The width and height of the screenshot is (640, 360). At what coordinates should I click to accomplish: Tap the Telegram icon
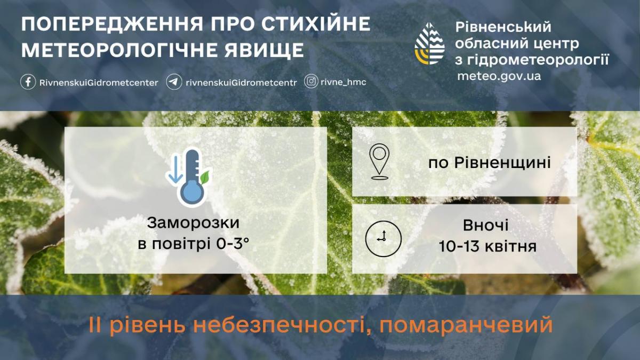pyautogui.click(x=174, y=82)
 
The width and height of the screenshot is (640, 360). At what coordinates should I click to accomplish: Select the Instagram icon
pyautogui.click(x=311, y=82)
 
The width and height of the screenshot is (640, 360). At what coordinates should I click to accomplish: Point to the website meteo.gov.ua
pyautogui.click(x=499, y=76)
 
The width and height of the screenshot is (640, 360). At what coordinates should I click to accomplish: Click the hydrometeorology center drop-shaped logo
pyautogui.click(x=430, y=44)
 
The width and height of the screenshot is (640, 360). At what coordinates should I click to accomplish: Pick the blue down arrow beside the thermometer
pyautogui.click(x=174, y=170)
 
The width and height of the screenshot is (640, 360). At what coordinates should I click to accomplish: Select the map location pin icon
pyautogui.click(x=379, y=161)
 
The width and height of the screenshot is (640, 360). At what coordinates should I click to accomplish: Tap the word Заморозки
pyautogui.click(x=193, y=222)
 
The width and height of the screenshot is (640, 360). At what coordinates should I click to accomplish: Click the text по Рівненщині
pyautogui.click(x=490, y=162)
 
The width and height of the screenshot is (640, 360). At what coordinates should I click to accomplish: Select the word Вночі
pyautogui.click(x=485, y=226)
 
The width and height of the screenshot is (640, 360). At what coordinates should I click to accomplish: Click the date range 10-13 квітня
pyautogui.click(x=487, y=246)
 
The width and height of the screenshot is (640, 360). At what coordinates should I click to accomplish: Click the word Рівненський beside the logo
pyautogui.click(x=503, y=27)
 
